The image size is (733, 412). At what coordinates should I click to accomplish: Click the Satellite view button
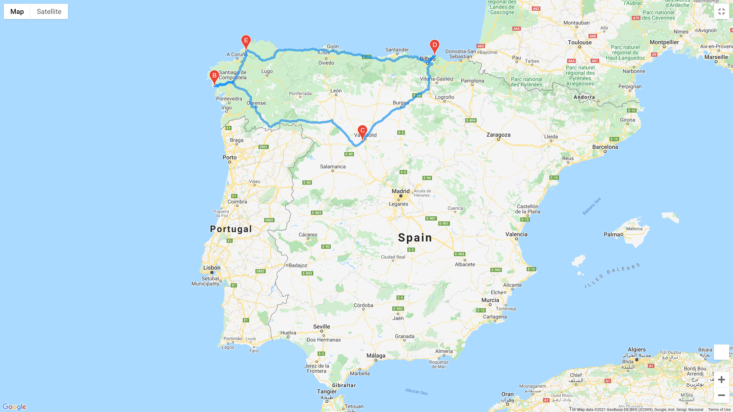click(x=49, y=12)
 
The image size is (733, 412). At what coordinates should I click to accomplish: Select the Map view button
click(x=17, y=12)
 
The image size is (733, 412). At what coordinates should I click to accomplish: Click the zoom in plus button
click(x=721, y=379)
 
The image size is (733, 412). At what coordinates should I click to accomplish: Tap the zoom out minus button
click(x=721, y=395)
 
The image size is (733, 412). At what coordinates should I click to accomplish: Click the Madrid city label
click(x=400, y=191)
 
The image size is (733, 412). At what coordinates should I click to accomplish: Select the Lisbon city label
click(x=212, y=268)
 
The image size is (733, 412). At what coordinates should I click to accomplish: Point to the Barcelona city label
click(x=605, y=147)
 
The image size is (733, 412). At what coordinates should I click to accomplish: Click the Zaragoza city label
click(x=498, y=135)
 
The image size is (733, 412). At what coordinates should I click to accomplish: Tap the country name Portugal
click(x=231, y=229)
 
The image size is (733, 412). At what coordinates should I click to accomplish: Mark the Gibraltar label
click(x=344, y=385)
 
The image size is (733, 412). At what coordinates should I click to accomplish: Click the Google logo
click(x=14, y=407)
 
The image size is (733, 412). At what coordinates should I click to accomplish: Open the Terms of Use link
click(x=719, y=410)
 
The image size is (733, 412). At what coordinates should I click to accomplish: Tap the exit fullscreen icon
click(x=721, y=12)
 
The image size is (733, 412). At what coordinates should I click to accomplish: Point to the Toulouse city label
click(x=580, y=42)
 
